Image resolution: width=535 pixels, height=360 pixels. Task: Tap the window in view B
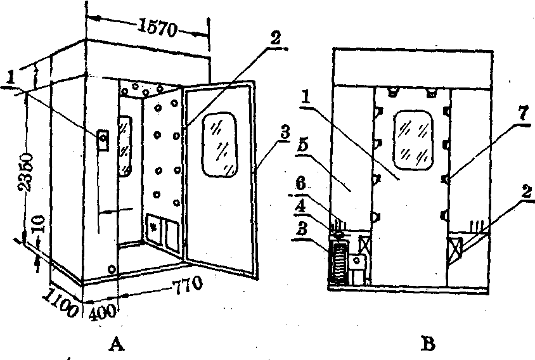412,136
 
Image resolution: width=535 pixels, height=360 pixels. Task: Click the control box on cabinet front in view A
102,139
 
